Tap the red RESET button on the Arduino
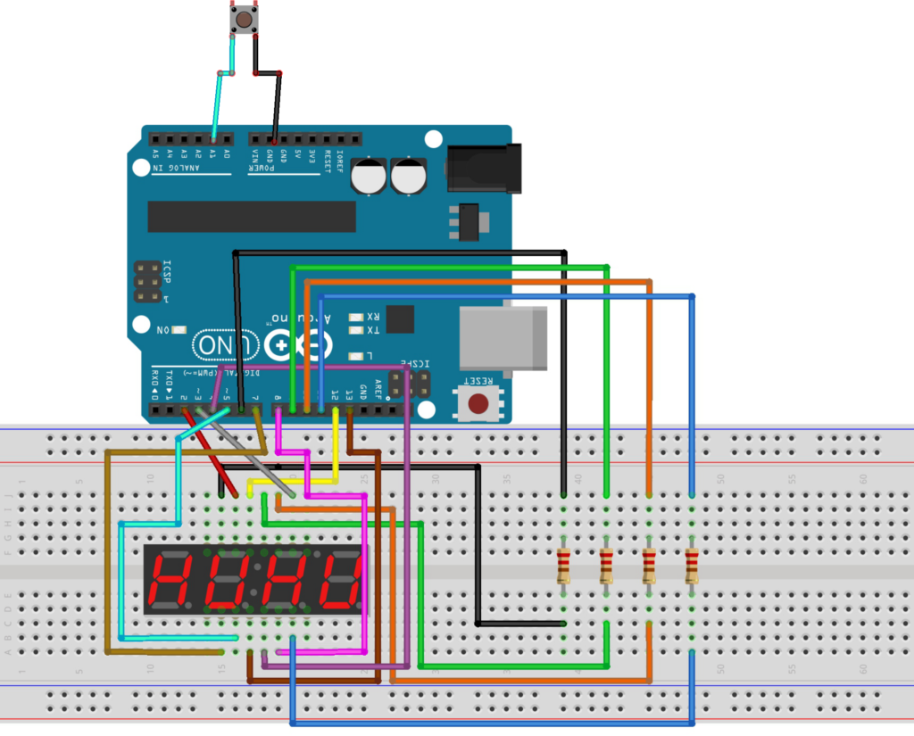(481, 403)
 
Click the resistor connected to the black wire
(564, 566)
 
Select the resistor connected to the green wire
(607, 566)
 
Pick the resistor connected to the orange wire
(649, 566)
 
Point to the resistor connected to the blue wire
(692, 566)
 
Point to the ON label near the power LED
(164, 331)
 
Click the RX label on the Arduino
(373, 316)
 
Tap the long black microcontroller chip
(252, 216)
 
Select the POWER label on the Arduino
(262, 168)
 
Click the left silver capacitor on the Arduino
(369, 176)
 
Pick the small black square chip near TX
(402, 319)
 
